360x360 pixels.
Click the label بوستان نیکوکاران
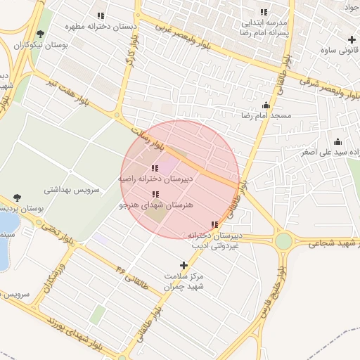40,45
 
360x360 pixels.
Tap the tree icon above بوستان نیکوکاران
40,33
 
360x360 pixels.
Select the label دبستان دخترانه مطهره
101,26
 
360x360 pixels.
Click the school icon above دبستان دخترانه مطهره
101,15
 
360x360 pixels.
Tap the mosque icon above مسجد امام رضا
266,104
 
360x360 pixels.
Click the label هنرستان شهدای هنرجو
155,205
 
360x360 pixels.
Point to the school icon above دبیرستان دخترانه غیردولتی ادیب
214,225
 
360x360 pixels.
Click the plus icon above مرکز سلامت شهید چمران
184,265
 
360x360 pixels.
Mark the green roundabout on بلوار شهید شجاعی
283,241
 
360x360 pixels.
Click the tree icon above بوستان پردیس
17,198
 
